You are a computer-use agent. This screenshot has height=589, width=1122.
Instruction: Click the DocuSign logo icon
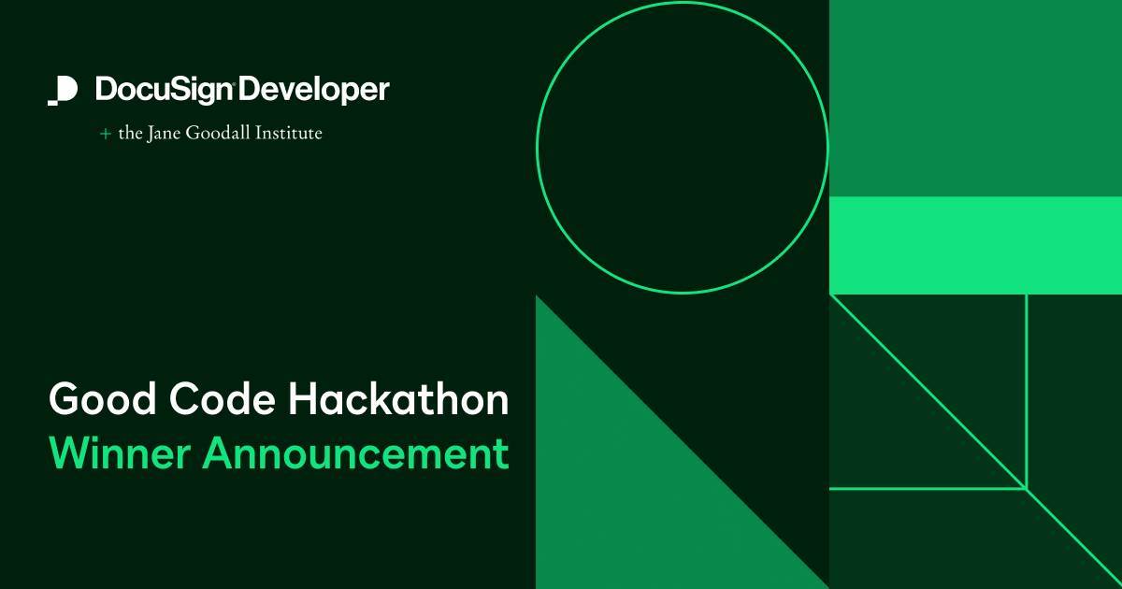[x=63, y=91]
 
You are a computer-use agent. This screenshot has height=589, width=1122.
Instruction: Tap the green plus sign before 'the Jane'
[x=105, y=134]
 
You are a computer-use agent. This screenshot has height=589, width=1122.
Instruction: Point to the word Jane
[x=161, y=134]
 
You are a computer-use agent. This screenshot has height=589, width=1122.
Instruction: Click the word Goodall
[x=216, y=134]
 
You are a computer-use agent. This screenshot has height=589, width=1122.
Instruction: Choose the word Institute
[x=288, y=134]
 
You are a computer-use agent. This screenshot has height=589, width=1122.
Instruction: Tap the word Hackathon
[x=398, y=400]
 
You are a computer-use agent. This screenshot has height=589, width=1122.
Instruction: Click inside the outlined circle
[x=682, y=147]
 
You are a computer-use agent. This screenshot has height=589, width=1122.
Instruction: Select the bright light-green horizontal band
[x=975, y=245]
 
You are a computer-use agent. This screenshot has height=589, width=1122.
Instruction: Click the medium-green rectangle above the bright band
[x=975, y=98]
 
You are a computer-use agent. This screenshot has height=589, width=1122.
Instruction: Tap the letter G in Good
[x=65, y=400]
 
